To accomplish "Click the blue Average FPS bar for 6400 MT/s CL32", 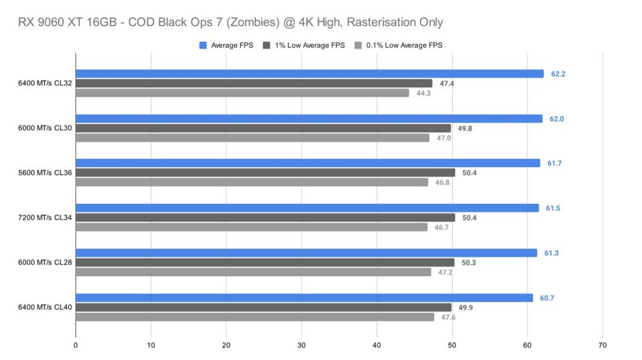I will coord(310,74).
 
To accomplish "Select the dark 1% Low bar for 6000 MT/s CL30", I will coord(263,129).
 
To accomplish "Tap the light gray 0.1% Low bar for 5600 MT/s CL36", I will coord(252,183).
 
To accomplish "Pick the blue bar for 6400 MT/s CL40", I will coord(304,298).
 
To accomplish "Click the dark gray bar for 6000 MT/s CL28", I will coord(265,262).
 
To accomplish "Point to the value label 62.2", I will coord(557,74).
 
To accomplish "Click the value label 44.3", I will coord(423,93).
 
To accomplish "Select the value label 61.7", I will coord(554,163).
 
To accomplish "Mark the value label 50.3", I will coord(468,262).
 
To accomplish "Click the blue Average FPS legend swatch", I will coord(203,45).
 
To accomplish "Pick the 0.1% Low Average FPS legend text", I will coord(404,45).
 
